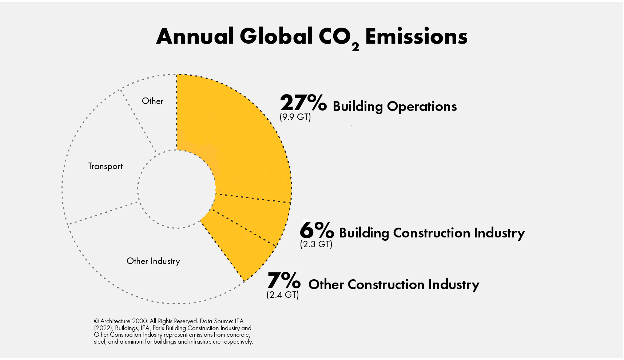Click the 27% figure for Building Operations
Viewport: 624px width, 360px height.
[x=303, y=103]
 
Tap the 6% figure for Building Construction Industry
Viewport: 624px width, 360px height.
[x=317, y=230]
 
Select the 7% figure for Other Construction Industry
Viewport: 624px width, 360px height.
[x=284, y=281]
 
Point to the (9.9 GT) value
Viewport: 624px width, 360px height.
[x=295, y=117]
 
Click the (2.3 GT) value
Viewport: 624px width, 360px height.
[x=316, y=244]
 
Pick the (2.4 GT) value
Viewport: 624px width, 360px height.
[x=283, y=295]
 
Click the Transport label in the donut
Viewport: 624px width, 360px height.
[x=106, y=166]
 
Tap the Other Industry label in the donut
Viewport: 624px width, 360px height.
[x=153, y=261]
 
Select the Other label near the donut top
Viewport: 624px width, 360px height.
[x=152, y=101]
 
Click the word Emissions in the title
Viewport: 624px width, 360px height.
[x=416, y=36]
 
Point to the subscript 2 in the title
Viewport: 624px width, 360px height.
[x=355, y=47]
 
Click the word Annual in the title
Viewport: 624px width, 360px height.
[x=195, y=36]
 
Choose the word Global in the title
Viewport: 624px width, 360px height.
[x=276, y=36]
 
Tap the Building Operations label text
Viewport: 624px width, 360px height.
[x=395, y=107]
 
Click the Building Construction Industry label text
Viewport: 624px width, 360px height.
[x=432, y=233]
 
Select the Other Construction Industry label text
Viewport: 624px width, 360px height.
[x=394, y=285]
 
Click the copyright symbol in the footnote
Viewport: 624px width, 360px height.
[x=96, y=321]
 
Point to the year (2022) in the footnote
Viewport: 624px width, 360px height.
[x=103, y=328]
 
